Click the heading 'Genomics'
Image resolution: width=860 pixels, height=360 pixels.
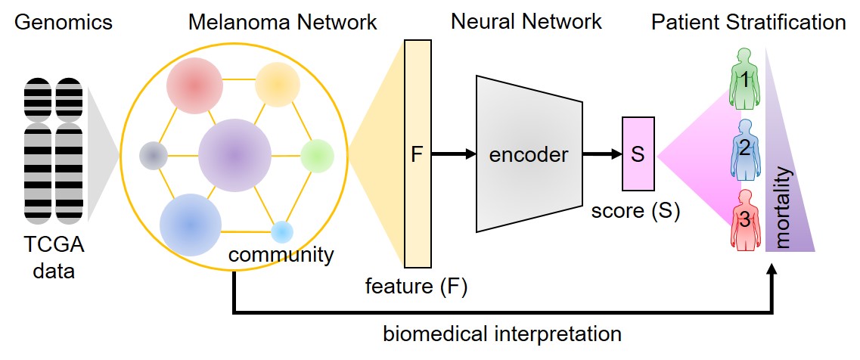64,22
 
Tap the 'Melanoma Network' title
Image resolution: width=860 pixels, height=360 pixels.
282,22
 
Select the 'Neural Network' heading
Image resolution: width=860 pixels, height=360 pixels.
526,21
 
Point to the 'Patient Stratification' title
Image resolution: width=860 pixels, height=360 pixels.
748,22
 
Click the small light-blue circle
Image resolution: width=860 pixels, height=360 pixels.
281,231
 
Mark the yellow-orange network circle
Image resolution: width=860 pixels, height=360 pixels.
278,84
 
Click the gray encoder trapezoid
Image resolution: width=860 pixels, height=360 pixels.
529,154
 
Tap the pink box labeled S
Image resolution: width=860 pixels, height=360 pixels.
638,154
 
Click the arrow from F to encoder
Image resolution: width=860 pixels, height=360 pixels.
454,154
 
